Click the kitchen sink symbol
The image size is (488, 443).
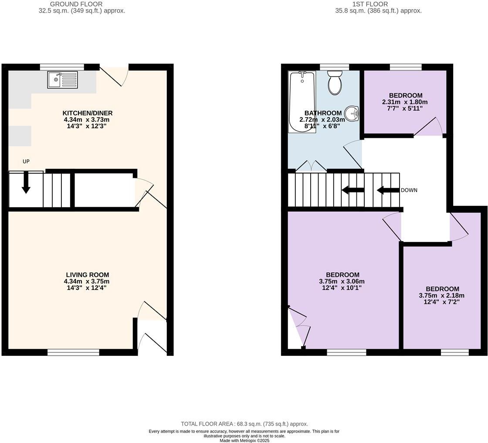tap(63, 80)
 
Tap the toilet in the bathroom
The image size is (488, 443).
tap(335, 83)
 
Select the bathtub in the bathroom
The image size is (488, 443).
tap(302, 102)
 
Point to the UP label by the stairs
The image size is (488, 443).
tap(26, 161)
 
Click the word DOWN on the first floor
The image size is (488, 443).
tap(409, 190)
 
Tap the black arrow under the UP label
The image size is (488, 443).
tap(26, 183)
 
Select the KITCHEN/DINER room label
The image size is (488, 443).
tap(88, 113)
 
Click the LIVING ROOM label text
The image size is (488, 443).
tap(88, 275)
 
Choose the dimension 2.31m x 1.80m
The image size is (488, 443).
tap(405, 102)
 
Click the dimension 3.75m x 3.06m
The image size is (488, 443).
tap(342, 281)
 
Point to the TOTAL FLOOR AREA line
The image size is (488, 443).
tap(244, 424)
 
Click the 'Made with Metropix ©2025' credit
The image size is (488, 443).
tap(244, 440)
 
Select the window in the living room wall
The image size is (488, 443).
tap(73, 352)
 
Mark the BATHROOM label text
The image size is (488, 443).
tap(323, 113)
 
